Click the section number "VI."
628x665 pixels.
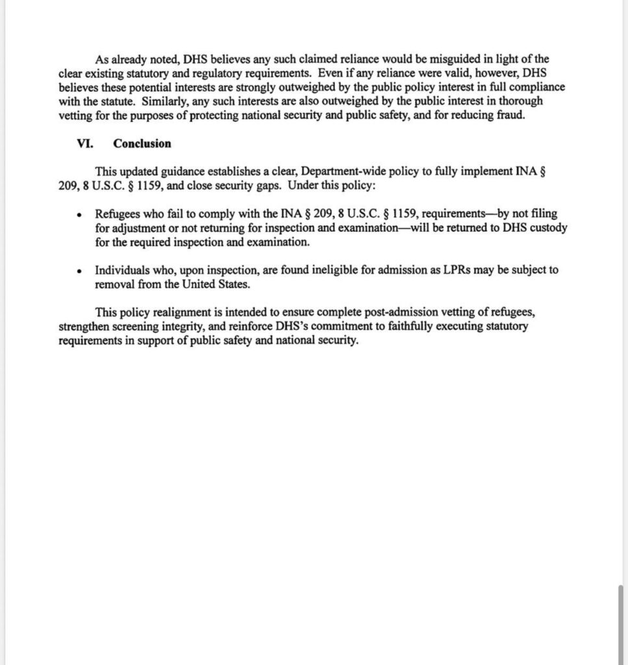(85, 144)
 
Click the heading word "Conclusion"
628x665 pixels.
(142, 144)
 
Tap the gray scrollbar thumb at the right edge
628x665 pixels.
(622, 624)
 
